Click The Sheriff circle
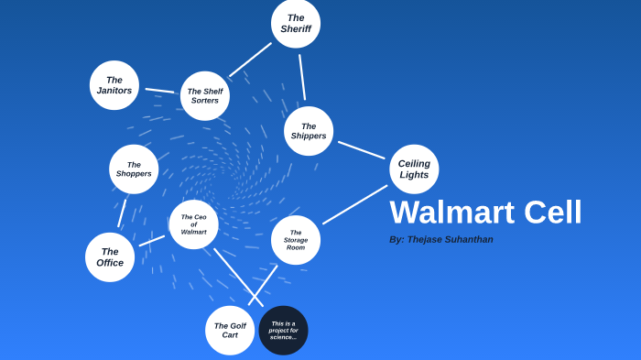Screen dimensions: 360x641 pos(296,24)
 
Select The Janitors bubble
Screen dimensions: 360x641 pos(114,85)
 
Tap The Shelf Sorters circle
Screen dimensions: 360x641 pos(205,96)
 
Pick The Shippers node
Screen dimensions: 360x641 pos(309,131)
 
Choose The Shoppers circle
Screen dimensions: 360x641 pos(134,169)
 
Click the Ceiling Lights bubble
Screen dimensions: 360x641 pos(414,169)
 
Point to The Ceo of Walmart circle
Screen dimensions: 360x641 pos(193,224)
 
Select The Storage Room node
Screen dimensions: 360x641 pos(296,240)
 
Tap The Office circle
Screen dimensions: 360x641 pos(110,257)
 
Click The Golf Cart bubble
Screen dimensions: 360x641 pos(230,331)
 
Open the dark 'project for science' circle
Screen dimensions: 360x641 pos(283,331)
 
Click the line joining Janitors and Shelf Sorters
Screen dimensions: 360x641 pos(160,91)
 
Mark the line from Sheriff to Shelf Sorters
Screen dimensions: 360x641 pos(250,60)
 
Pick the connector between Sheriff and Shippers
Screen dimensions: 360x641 pos(302,77)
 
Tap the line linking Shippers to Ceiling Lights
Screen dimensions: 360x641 pos(361,149)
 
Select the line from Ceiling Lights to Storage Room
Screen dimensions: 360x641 pos(354,204)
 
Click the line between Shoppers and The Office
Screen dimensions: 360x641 pos(122,213)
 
